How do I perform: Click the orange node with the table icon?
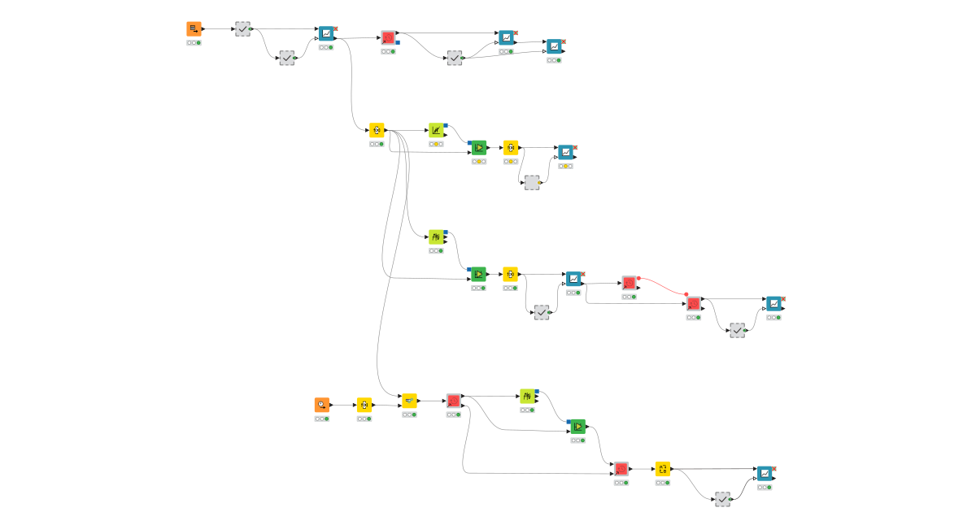coord(194,29)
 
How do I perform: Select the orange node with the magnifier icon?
coord(322,405)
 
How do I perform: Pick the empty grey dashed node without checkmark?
coord(532,183)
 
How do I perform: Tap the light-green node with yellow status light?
coord(437,130)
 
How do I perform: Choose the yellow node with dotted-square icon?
coord(663,469)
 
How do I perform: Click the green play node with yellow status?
coord(478,148)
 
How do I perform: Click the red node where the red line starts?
coord(629,283)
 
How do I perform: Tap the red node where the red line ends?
coord(693,304)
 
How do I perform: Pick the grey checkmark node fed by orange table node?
coord(242,29)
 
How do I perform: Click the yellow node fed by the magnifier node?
coord(364,405)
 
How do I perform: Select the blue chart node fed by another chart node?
coord(555,46)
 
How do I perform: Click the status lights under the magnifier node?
coord(322,419)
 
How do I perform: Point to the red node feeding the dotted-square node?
coord(621,469)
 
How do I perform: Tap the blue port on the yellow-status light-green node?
coord(446,125)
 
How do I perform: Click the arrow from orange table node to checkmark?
coord(219,29)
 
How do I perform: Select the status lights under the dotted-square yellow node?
coord(663,483)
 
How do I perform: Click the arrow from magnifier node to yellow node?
coord(343,405)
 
